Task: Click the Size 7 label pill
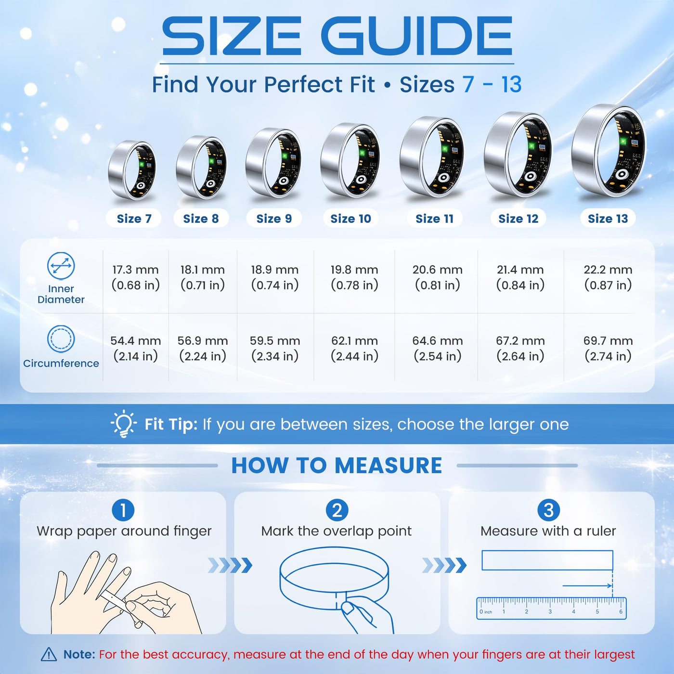[134, 218]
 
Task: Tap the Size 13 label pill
[608, 218]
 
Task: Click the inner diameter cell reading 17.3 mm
[135, 277]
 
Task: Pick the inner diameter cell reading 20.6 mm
[437, 277]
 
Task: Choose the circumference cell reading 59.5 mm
[275, 349]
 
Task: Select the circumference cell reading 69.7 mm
[608, 349]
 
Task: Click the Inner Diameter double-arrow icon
[61, 266]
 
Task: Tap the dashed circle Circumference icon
[61, 338]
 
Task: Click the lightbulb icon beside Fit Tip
[123, 424]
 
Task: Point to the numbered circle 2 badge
[337, 510]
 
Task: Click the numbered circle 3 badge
[548, 510]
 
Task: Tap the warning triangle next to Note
[49, 654]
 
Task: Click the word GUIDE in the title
[416, 36]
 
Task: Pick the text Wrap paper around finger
[124, 531]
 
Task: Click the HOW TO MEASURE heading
[337, 465]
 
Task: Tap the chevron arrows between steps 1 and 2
[230, 565]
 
